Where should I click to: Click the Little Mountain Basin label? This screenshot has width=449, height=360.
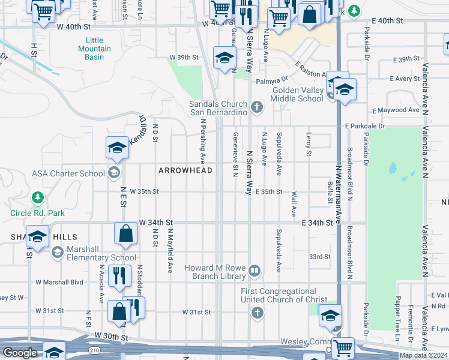pyautogui.click(x=94, y=49)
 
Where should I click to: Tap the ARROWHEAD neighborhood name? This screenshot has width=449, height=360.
pyautogui.click(x=185, y=171)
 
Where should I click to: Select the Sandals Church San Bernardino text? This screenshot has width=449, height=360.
pyautogui.click(x=219, y=108)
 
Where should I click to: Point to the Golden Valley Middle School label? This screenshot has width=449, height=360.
pyautogui.click(x=297, y=94)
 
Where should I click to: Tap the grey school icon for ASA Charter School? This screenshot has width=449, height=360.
pyautogui.click(x=113, y=174)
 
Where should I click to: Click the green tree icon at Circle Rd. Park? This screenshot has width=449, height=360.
pyautogui.click(x=38, y=197)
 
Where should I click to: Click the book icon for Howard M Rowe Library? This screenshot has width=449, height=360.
pyautogui.click(x=255, y=272)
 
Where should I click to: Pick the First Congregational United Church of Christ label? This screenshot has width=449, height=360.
pyautogui.click(x=284, y=295)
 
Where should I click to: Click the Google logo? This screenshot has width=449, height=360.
pyautogui.click(x=20, y=353)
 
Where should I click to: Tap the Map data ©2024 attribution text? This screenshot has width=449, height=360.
pyautogui.click(x=423, y=355)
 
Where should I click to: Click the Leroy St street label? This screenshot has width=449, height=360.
pyautogui.click(x=309, y=145)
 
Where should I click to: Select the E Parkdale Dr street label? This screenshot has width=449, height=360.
pyautogui.click(x=364, y=127)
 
